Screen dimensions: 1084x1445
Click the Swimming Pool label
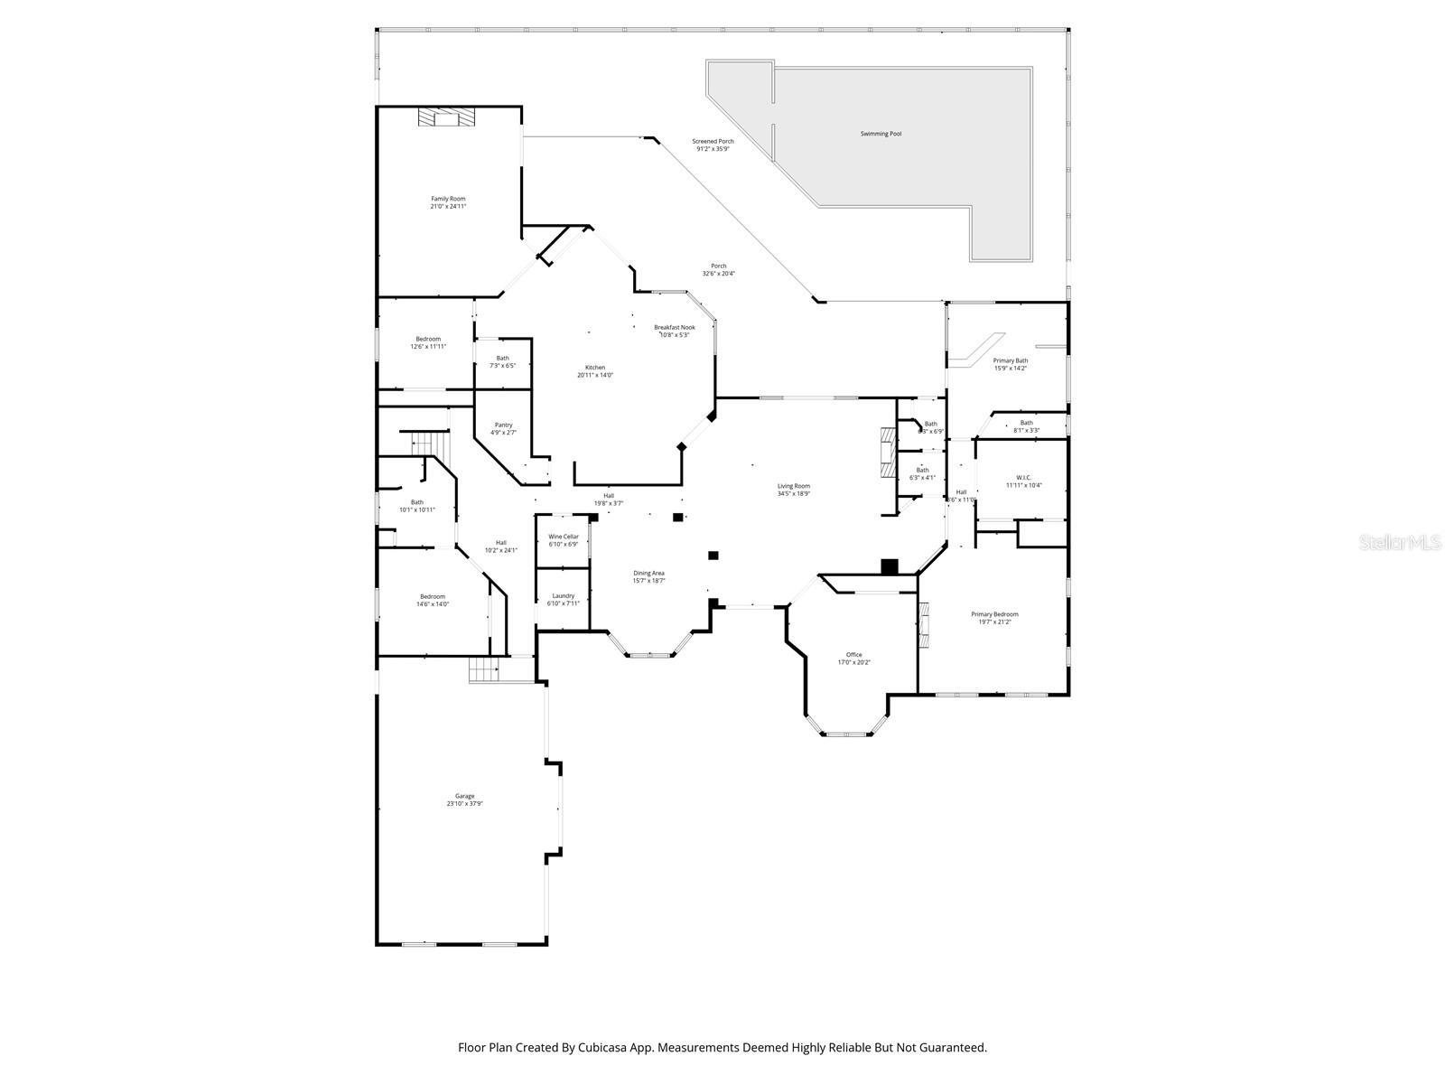(x=881, y=134)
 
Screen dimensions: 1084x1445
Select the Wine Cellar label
(x=563, y=537)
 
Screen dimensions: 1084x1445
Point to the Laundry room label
(x=564, y=596)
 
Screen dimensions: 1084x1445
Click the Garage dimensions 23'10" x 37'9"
(x=464, y=804)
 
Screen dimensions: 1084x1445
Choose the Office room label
(x=853, y=655)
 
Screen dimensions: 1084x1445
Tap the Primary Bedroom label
(x=994, y=614)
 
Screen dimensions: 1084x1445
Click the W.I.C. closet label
(x=1023, y=478)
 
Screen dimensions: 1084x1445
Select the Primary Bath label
(x=1010, y=360)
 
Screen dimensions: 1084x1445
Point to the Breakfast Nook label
(x=675, y=327)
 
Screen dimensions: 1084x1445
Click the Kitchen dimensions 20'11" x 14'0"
(x=595, y=375)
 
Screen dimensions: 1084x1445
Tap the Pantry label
(x=503, y=425)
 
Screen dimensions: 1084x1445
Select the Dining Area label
(x=648, y=573)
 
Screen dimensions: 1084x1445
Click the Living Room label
(x=794, y=486)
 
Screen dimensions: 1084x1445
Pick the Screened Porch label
(x=713, y=141)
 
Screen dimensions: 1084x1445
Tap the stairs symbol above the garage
(x=484, y=670)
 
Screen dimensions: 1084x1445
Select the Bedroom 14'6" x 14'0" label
(x=432, y=596)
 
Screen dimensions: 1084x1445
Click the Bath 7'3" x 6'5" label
(x=502, y=358)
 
